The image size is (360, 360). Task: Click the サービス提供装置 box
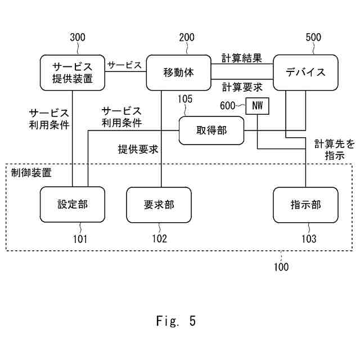74,72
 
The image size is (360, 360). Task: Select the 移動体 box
178,72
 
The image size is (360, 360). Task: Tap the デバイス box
305,72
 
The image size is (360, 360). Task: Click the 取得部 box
211,131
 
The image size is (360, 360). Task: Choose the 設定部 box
73,204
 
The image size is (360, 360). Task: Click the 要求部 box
159,204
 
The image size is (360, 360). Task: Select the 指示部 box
305,204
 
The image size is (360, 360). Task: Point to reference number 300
78,38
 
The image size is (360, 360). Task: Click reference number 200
187,38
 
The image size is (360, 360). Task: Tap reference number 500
313,38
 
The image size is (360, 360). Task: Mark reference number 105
185,100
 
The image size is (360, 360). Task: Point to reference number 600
228,105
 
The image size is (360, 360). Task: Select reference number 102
159,238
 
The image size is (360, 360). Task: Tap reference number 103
309,238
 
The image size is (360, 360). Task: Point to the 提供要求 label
138,149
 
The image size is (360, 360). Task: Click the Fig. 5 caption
176,321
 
